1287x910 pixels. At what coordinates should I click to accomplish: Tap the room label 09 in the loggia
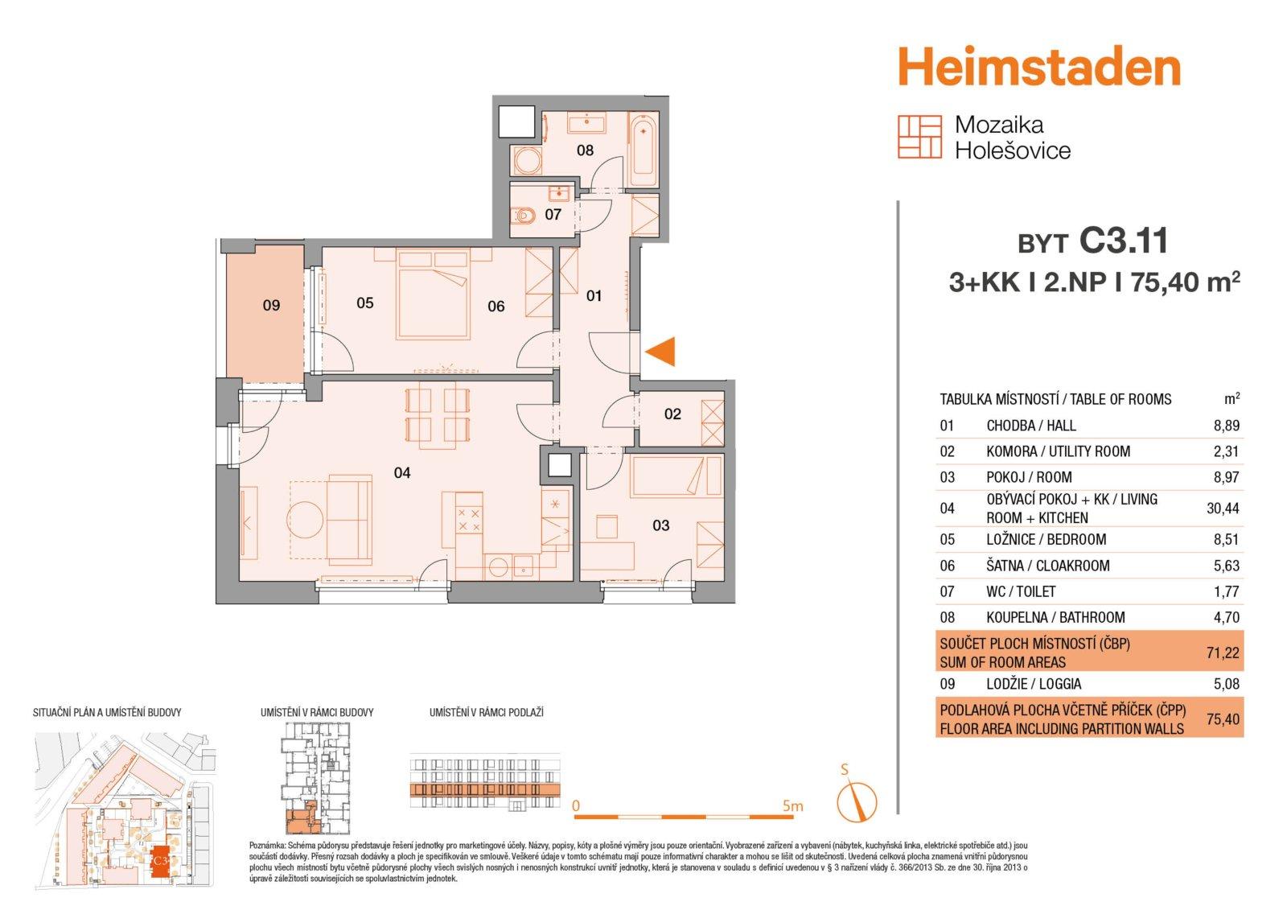(x=271, y=305)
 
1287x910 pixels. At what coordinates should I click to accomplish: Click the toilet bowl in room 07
(x=524, y=216)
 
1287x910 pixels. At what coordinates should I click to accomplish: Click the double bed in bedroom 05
(x=434, y=294)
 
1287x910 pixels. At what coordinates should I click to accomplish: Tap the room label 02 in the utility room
(x=672, y=414)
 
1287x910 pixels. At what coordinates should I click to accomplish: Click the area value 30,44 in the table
(x=1223, y=509)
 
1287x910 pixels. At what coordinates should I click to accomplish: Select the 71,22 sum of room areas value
(x=1223, y=653)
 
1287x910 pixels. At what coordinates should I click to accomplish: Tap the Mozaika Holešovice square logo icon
(x=920, y=137)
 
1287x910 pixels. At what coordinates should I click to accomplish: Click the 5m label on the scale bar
(x=793, y=806)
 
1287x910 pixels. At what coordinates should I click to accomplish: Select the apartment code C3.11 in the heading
(x=1124, y=241)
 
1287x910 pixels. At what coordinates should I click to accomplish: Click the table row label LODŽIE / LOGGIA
(x=1034, y=684)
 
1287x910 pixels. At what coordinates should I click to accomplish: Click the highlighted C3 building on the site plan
(x=160, y=861)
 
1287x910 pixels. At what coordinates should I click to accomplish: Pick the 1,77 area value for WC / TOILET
(x=1227, y=591)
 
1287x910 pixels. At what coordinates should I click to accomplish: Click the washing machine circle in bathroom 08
(x=528, y=161)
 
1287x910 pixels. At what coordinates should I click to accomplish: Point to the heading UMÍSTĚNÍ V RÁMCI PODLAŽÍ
(x=487, y=713)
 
